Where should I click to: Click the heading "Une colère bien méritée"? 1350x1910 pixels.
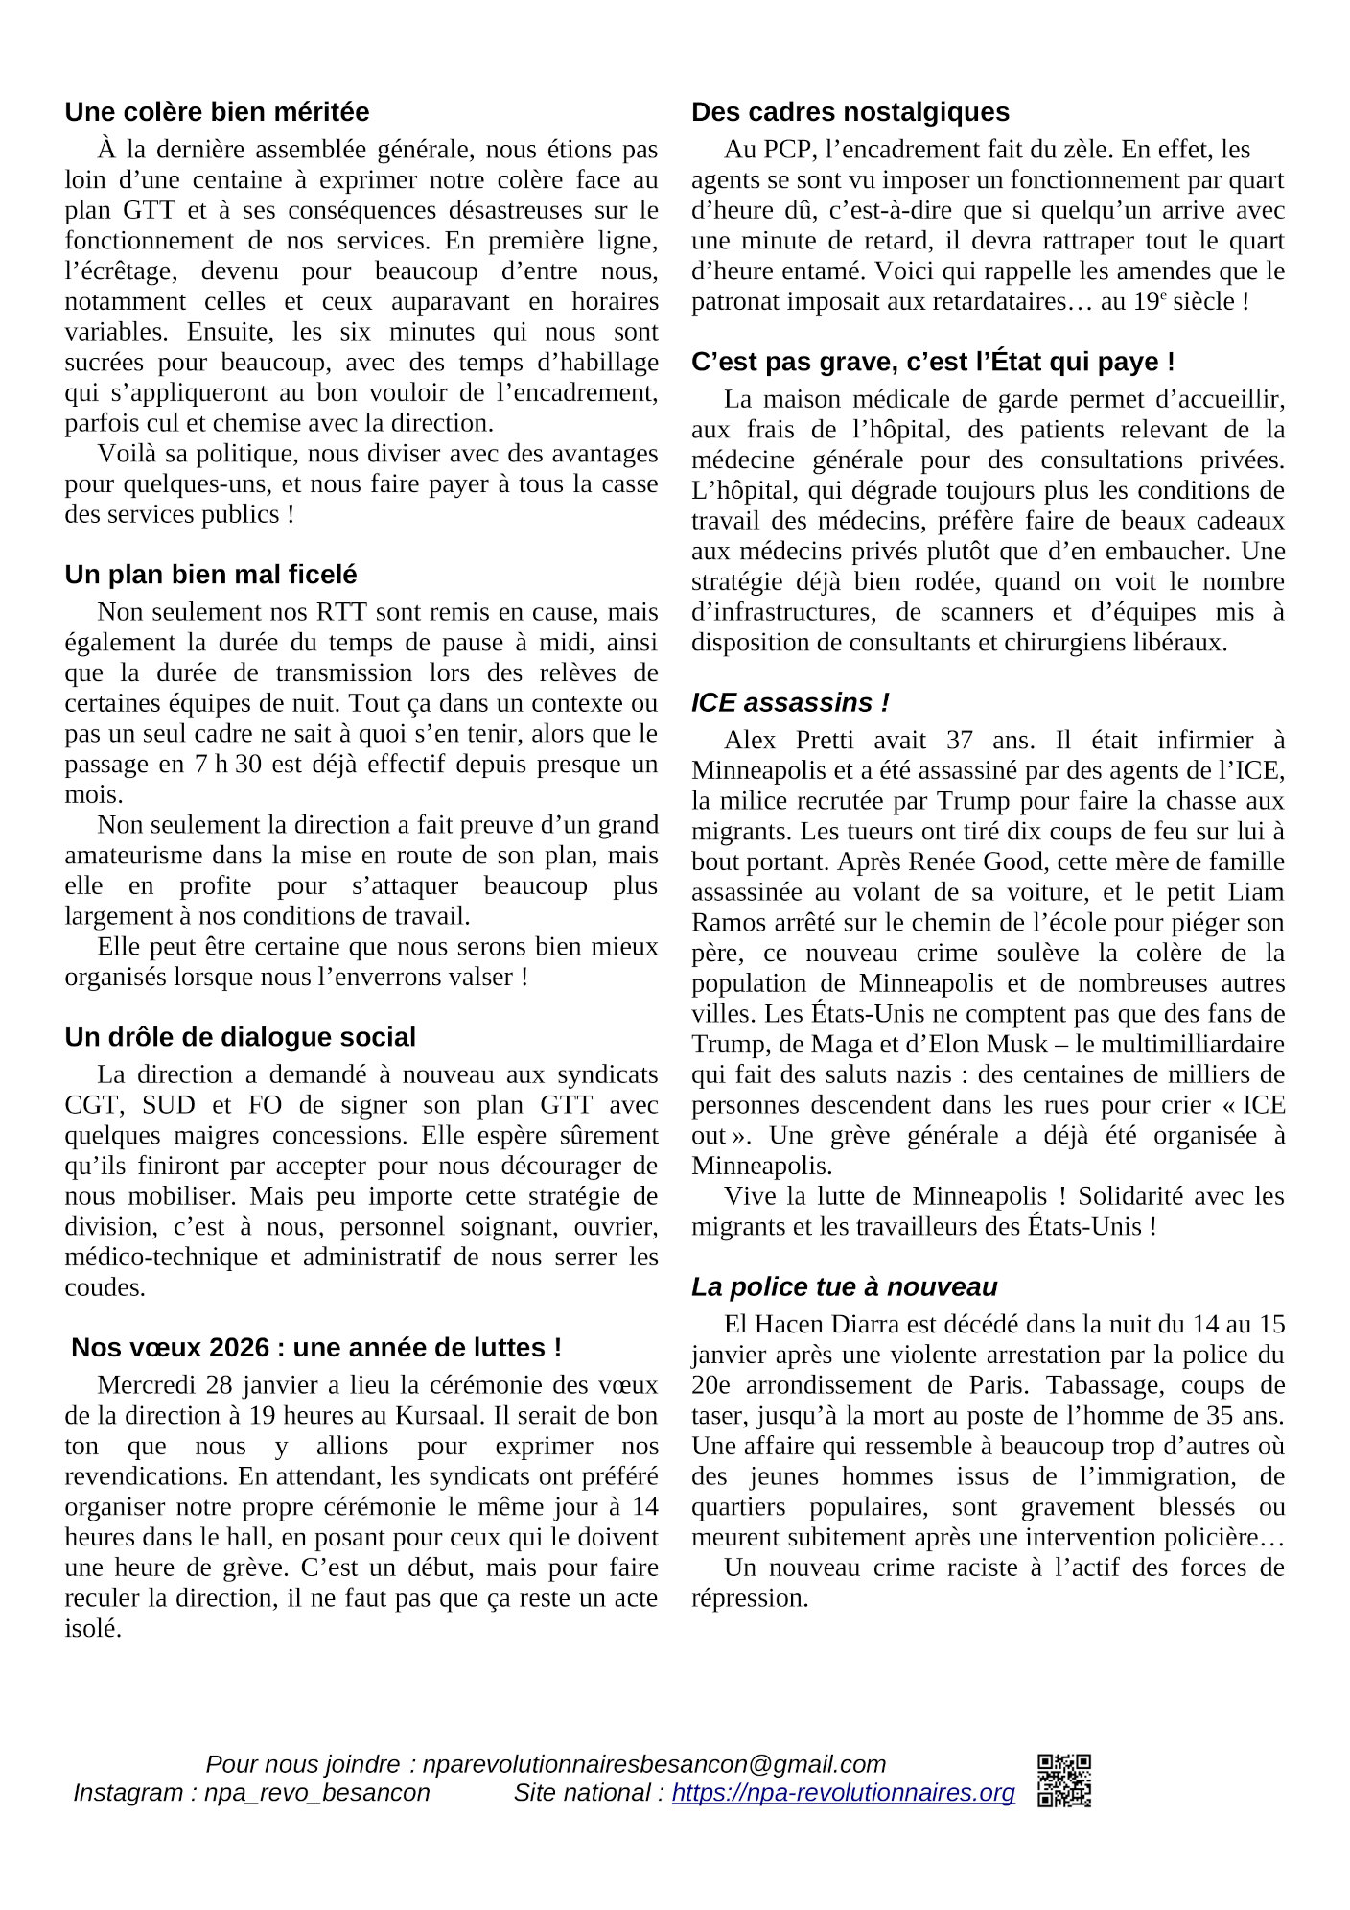217,112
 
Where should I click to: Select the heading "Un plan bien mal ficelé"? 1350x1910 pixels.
210,575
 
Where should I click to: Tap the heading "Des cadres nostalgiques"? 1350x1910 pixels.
850,112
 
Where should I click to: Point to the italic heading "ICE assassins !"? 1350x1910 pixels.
790,703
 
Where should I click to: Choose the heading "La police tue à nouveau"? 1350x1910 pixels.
844,1287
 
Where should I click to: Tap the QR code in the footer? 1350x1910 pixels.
1063,1780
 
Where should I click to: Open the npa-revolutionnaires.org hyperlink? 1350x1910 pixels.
843,1793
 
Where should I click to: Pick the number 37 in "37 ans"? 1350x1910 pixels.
959,741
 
